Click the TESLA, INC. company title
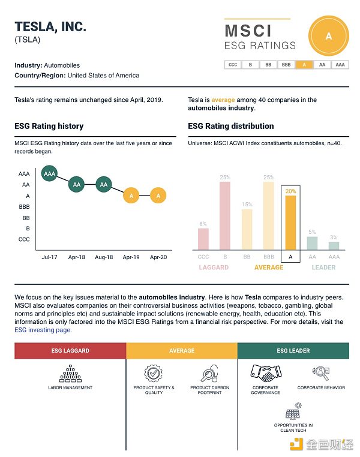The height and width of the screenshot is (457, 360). [x=50, y=26]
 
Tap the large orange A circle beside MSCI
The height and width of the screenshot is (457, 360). [x=328, y=36]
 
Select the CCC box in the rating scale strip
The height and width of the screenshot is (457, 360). [x=233, y=65]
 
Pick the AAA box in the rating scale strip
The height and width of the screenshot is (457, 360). [x=340, y=65]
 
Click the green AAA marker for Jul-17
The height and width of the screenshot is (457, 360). [x=49, y=174]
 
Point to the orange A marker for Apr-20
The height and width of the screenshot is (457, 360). [x=158, y=196]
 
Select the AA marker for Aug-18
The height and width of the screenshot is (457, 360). [x=104, y=185]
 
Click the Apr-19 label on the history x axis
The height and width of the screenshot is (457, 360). [x=131, y=257]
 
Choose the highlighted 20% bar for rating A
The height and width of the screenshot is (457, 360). [x=290, y=223]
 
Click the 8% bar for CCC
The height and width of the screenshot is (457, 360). [x=203, y=239]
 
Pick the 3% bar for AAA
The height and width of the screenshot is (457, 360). [x=334, y=245]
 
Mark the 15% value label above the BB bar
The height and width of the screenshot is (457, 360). [x=247, y=205]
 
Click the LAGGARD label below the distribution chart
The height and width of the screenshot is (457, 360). [x=214, y=267]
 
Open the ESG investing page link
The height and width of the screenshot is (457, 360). [x=43, y=330]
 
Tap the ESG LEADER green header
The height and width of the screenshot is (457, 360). [x=293, y=350]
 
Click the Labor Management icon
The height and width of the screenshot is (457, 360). [x=70, y=374]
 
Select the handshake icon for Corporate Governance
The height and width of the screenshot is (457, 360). [x=265, y=372]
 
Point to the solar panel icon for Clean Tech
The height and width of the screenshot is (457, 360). [x=293, y=414]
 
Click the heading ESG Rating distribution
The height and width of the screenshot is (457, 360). [x=230, y=126]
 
